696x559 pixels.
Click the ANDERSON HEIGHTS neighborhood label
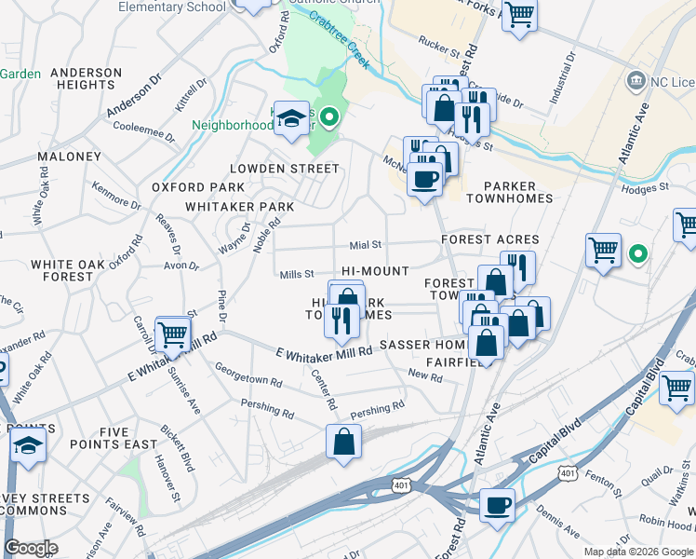pos(86,78)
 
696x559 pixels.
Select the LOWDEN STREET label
pos(285,169)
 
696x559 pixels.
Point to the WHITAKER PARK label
pos(239,206)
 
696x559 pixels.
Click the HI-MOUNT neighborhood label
pos(375,271)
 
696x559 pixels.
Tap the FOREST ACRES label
pos(489,239)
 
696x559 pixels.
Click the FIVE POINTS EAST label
pos(115,438)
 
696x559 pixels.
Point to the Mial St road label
pos(366,245)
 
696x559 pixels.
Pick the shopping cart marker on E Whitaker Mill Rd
pos(172,334)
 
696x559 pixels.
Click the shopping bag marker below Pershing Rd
pos(343,443)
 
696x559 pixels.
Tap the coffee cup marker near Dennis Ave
pos(497,506)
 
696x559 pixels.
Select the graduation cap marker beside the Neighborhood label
pos(291,119)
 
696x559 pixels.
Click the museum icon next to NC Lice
pos(636,81)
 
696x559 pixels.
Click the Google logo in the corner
pos(30,548)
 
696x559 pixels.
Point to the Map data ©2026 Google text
pos(637,552)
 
